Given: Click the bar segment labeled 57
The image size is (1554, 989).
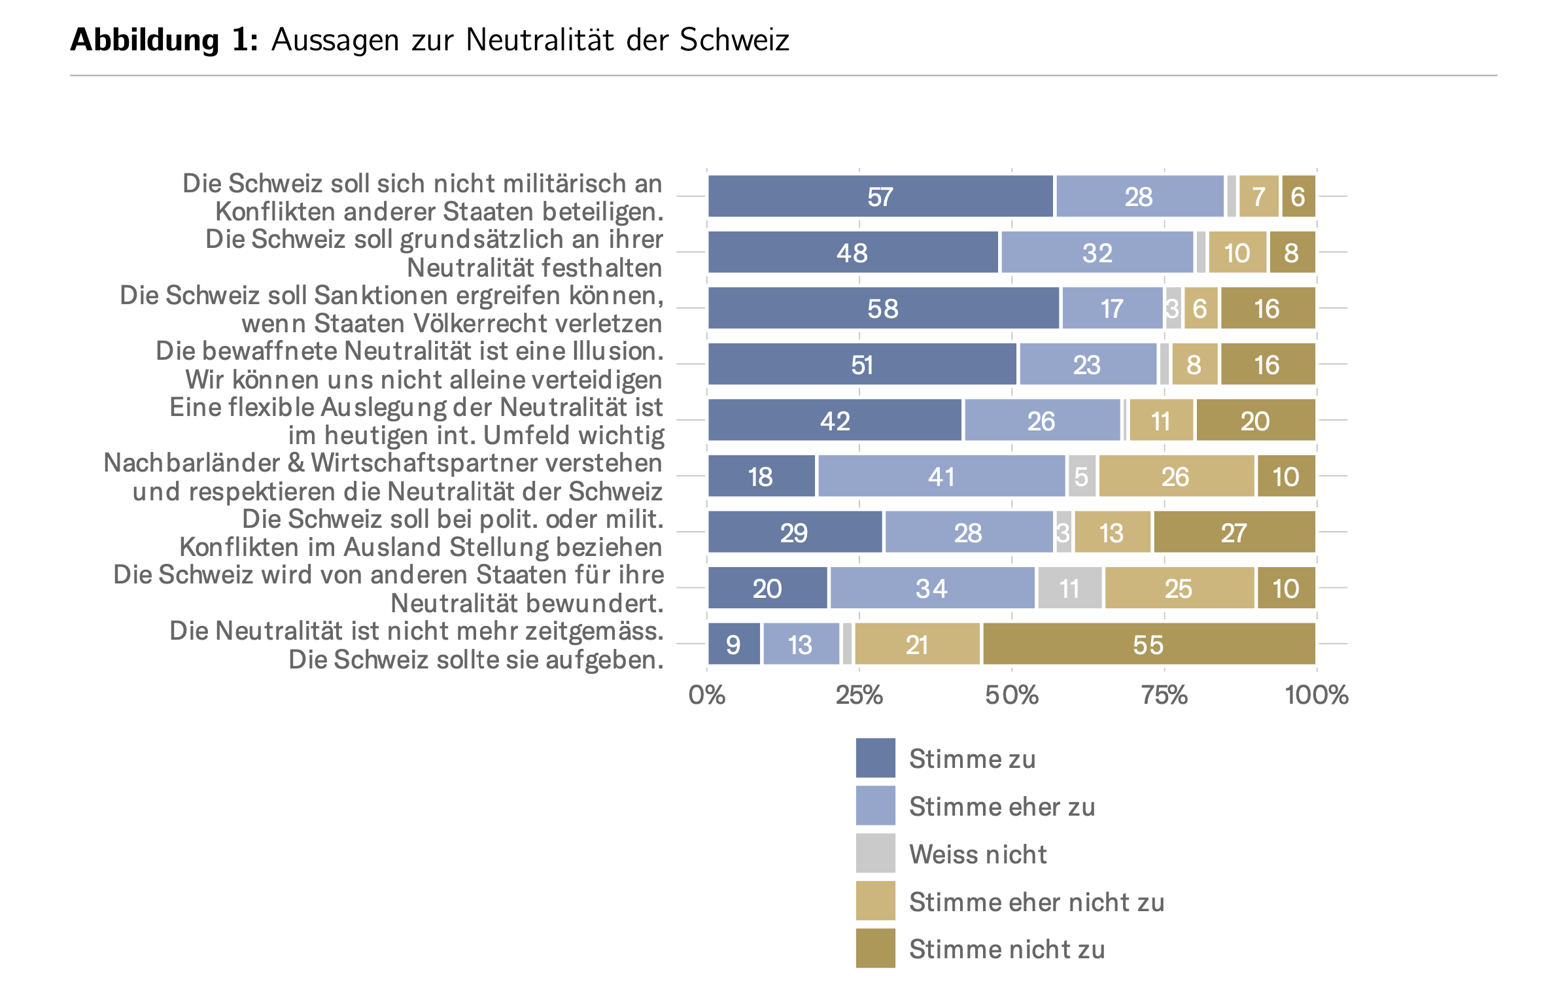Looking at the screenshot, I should [880, 196].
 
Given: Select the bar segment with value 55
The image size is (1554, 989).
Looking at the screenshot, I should [1148, 644].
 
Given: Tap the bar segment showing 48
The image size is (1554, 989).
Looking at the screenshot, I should [853, 252].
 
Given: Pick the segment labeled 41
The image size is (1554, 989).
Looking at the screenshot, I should [941, 476].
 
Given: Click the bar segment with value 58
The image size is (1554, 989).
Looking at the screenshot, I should [883, 308].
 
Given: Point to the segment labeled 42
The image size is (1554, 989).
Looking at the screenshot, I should [835, 421].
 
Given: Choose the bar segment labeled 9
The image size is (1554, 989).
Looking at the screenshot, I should [734, 644].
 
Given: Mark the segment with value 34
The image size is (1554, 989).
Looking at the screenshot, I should [932, 588].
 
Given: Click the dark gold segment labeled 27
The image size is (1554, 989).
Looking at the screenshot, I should [1234, 532].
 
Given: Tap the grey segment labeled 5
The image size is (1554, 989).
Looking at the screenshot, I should [1082, 476].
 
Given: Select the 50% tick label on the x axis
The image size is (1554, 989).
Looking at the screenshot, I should [1012, 695].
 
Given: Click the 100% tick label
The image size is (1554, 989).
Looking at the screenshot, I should [1316, 695].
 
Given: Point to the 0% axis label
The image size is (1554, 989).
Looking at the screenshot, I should [707, 695].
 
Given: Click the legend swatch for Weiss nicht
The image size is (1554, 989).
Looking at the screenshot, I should [875, 853].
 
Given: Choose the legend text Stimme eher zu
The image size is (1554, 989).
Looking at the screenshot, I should [1001, 807].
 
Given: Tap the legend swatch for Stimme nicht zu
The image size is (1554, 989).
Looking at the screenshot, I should [875, 948].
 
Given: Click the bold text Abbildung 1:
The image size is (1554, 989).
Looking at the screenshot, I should [164, 40].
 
